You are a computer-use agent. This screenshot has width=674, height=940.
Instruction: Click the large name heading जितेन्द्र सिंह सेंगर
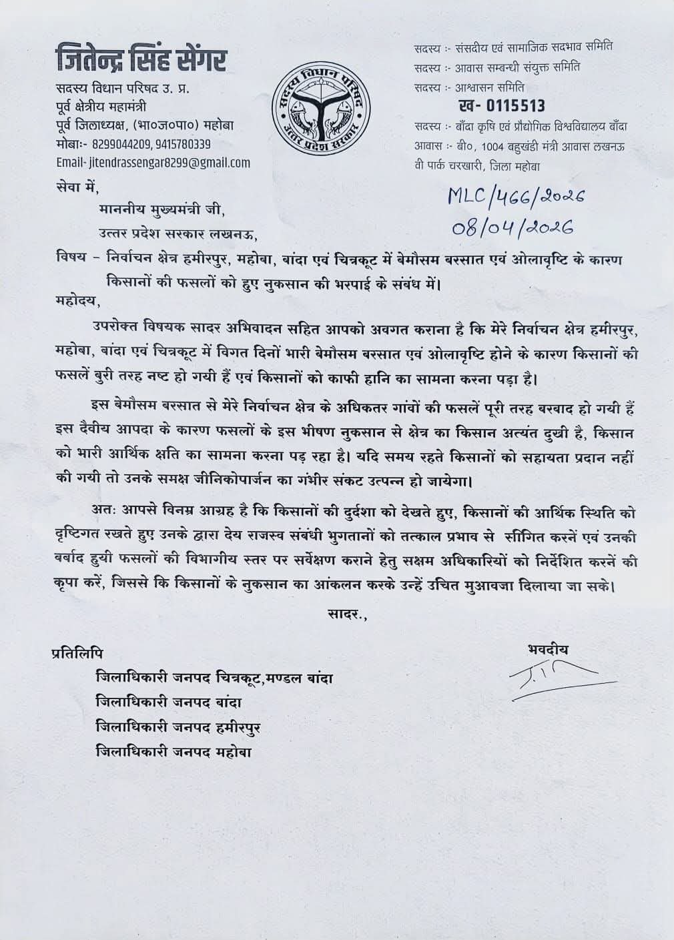[x=141, y=61]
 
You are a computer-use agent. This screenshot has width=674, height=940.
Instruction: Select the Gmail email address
[x=153, y=162]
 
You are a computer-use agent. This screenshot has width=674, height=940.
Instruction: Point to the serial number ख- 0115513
[x=502, y=105]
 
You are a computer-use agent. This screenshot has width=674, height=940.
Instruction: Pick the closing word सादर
[x=346, y=612]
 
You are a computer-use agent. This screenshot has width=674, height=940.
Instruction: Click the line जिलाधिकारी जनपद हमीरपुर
[x=179, y=727]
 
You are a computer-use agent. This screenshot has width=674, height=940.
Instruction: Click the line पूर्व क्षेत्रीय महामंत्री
[x=101, y=107]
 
